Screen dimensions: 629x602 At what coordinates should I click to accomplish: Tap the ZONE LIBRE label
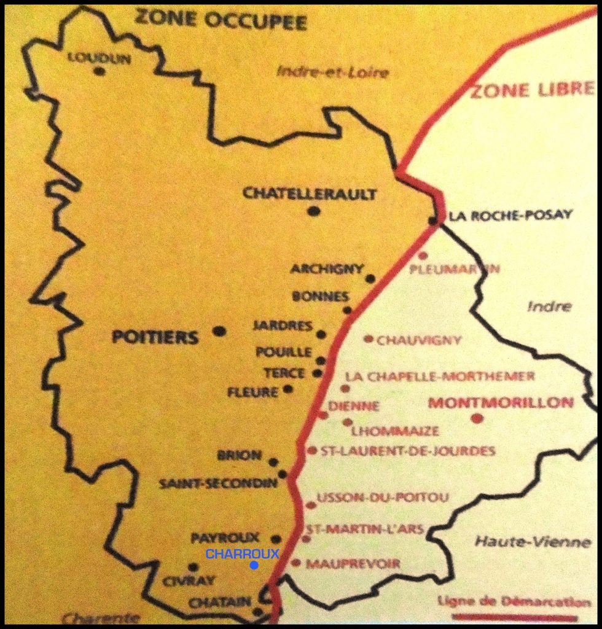(532, 90)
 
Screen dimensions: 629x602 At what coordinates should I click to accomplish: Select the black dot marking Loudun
(99, 71)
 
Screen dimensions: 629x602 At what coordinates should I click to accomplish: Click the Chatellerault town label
(310, 194)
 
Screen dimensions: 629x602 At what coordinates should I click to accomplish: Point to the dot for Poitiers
(219, 331)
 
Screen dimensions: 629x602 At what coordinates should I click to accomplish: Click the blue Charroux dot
(254, 565)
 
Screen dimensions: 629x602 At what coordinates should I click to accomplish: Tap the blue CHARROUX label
(242, 554)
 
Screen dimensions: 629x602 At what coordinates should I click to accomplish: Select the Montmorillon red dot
(477, 418)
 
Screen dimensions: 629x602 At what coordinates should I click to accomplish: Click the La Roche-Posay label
(510, 215)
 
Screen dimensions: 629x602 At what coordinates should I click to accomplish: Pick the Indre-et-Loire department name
(332, 72)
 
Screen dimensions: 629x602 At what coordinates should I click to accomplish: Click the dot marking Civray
(193, 568)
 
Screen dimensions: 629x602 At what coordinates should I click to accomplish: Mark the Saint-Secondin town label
(218, 483)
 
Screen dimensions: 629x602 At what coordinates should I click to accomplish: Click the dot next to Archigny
(370, 278)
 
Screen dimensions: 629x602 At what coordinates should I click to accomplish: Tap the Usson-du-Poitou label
(382, 497)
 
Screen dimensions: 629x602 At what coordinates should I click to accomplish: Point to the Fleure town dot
(287, 389)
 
